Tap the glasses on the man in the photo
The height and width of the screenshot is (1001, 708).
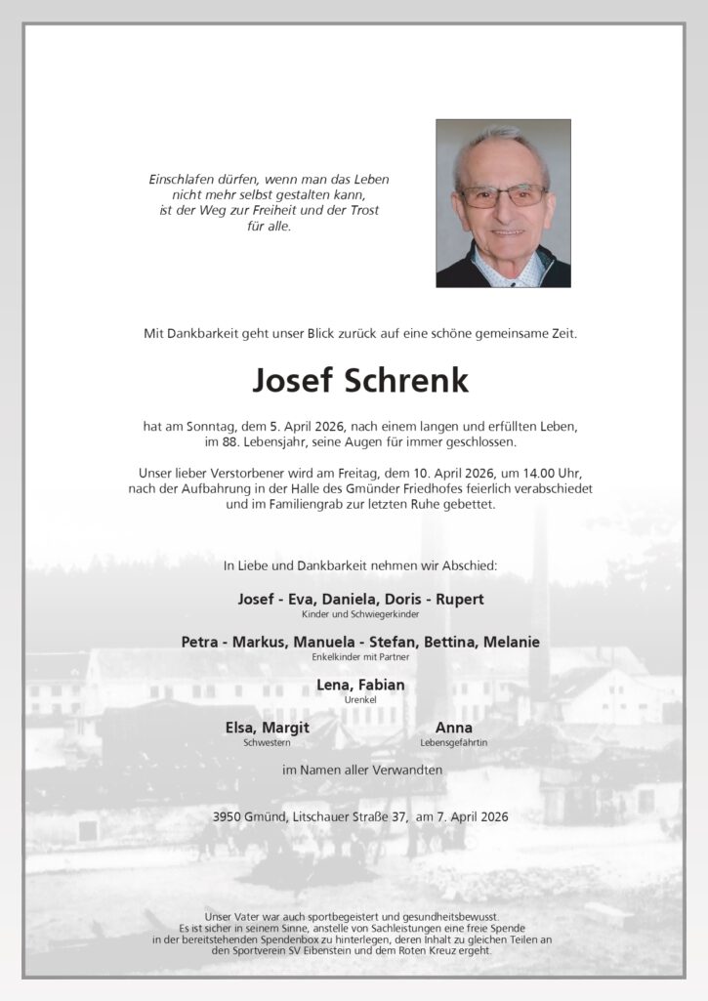pos(503,195)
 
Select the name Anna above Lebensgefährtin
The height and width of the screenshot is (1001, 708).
pos(454,728)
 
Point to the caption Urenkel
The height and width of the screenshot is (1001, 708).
pos(360,700)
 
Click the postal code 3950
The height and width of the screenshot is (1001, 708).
pos(229,815)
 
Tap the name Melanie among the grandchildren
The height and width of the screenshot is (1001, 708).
pos(508,642)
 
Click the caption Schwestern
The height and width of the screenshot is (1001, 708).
pos(267,743)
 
